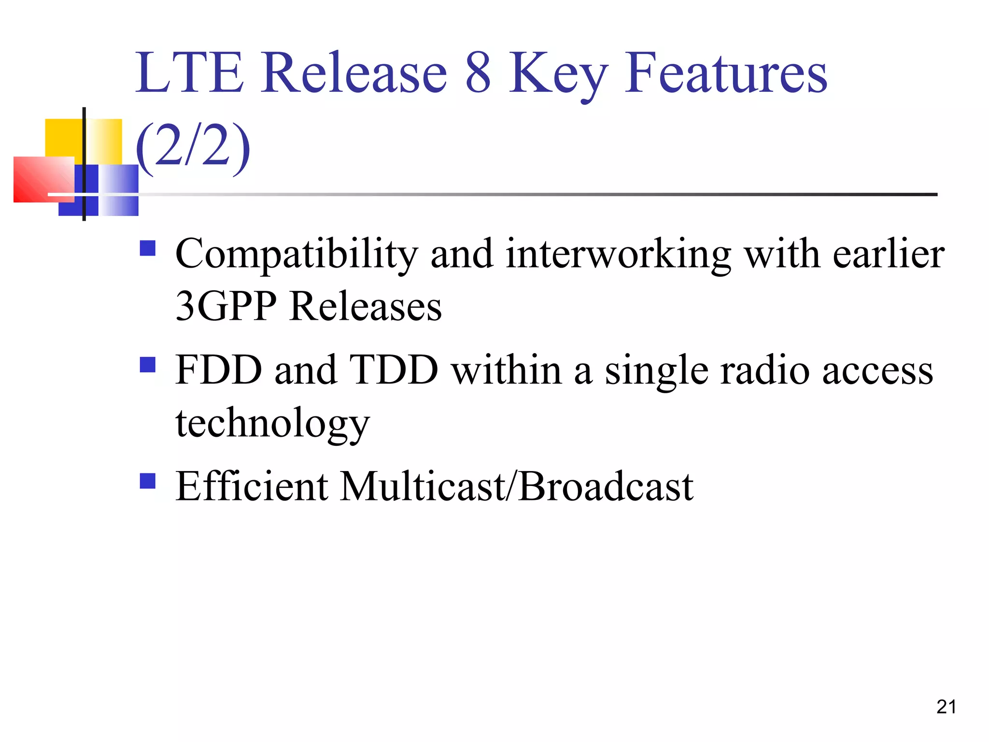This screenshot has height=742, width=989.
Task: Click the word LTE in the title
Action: (189, 73)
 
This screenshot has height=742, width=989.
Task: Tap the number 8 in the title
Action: (478, 73)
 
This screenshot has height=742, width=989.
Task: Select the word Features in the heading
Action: (726, 73)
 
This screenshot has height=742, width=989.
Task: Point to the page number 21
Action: (946, 707)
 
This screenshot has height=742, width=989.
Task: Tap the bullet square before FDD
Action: (148, 365)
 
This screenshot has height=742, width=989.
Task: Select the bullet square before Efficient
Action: (148, 481)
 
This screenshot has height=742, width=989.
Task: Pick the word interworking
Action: (618, 255)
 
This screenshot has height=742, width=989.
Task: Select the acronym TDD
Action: (393, 370)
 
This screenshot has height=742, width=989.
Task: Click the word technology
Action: (272, 423)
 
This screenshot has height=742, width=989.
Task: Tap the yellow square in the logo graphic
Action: (64, 137)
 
